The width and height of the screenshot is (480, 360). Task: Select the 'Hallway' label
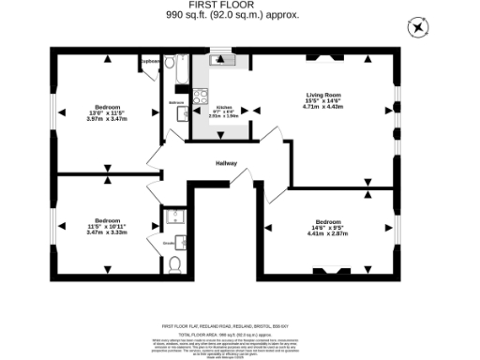pos(226,163)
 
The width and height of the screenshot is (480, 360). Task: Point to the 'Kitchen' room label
pos(223,108)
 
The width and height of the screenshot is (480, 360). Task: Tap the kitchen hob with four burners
pos(199,95)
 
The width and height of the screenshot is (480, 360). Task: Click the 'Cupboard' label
pos(150,62)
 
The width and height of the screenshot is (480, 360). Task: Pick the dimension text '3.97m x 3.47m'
pos(105,118)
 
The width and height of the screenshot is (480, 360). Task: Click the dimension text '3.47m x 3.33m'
pos(106,232)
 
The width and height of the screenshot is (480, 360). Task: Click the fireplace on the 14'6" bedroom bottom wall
pos(328,271)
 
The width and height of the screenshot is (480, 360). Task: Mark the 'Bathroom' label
pos(176,101)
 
